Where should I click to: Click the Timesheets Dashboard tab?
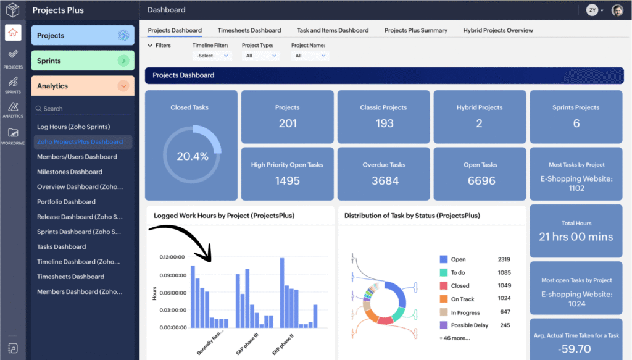coord(249,30)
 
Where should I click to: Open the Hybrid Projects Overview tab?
coord(498,30)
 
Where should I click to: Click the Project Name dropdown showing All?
coord(310,56)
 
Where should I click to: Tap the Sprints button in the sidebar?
coord(83,61)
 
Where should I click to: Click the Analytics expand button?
coord(124,86)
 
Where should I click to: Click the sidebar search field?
coord(83,109)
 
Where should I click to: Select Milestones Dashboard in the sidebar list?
coord(70,172)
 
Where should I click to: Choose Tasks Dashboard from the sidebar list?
coord(62,246)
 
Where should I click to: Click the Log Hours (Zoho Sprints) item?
coord(73,127)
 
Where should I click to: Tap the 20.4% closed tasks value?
coord(191,156)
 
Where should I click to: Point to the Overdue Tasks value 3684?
coord(384,181)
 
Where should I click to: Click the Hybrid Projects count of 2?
coord(480,123)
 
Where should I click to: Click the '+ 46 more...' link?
coord(454,338)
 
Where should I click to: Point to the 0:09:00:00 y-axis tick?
coord(173,275)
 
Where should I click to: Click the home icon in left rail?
coord(13,33)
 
